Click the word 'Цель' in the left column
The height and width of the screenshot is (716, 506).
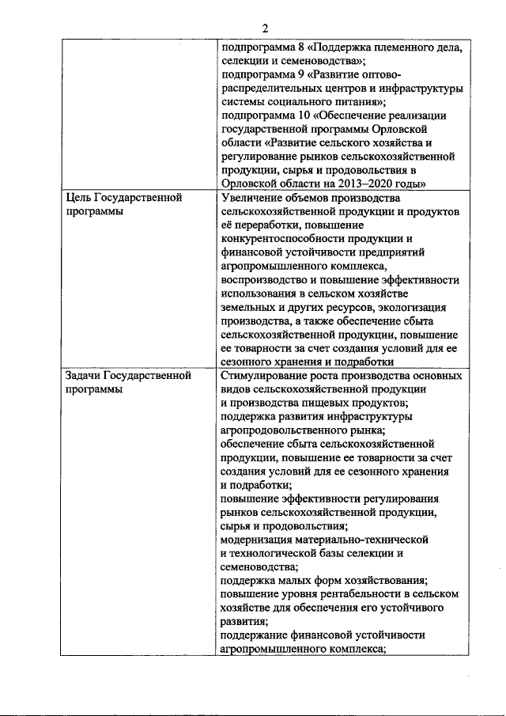tap(80, 198)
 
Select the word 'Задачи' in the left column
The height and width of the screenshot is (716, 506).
tap(85, 376)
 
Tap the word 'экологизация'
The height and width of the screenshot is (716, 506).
tap(410, 308)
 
